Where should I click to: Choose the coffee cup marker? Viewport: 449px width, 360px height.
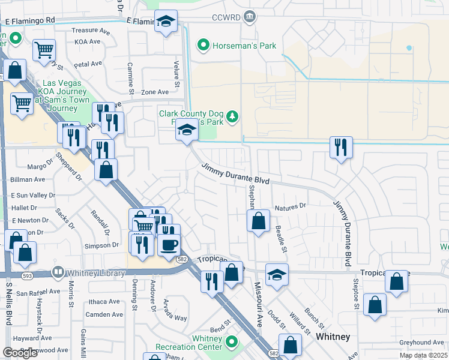[169, 245]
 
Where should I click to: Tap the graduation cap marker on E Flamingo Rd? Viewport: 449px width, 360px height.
[166, 23]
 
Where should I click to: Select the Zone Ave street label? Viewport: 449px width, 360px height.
[155, 92]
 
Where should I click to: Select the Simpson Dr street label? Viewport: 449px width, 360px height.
[101, 245]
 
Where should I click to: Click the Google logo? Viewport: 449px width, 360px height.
[20, 353]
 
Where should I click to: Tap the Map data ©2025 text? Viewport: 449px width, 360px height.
[423, 355]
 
